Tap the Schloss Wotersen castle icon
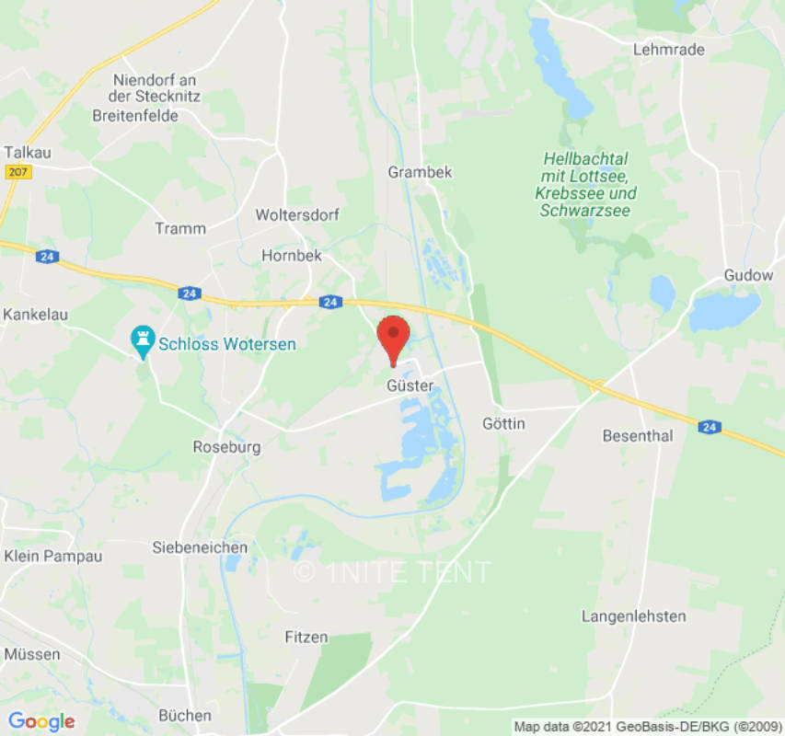coord(143,341)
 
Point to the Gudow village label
coord(742,275)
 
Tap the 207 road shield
coord(17,172)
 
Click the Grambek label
coord(420,172)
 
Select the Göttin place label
coord(503,423)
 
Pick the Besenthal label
coord(638,435)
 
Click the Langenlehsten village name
coord(634,615)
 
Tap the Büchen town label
coord(185,715)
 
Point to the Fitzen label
coord(306,637)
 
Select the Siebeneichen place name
coord(200,547)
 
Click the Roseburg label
coord(226,447)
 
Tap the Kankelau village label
coord(37,314)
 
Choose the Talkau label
coord(25,152)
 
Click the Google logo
coord(40,721)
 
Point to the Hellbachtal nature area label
coord(585,176)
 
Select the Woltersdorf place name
coord(297,214)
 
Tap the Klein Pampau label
coord(52,556)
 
